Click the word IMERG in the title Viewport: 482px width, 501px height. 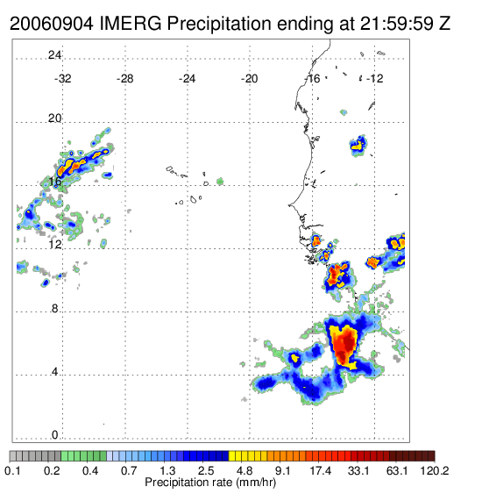click(x=131, y=24)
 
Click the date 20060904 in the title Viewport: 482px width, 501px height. click(x=52, y=24)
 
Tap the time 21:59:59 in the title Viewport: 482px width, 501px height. click(x=397, y=24)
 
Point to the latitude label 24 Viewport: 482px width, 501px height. click(x=54, y=55)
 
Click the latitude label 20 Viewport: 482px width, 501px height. click(x=54, y=118)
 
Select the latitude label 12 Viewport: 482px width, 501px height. click(x=54, y=245)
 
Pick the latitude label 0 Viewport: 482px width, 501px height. click(x=55, y=435)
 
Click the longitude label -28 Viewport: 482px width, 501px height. click(x=124, y=79)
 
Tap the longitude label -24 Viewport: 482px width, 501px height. click(x=187, y=79)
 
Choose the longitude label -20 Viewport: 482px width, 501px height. click(x=249, y=79)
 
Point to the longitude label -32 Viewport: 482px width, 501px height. click(x=62, y=79)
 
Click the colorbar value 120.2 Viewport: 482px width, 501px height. click(x=435, y=470)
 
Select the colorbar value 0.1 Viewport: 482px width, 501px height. click(x=12, y=470)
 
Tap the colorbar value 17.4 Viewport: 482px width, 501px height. click(x=321, y=470)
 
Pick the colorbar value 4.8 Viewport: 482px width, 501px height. click(x=245, y=470)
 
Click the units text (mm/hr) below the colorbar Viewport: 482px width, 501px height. click(x=256, y=483)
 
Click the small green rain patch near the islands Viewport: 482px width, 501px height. click(x=220, y=182)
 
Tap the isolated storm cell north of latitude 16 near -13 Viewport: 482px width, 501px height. click(x=358, y=146)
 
